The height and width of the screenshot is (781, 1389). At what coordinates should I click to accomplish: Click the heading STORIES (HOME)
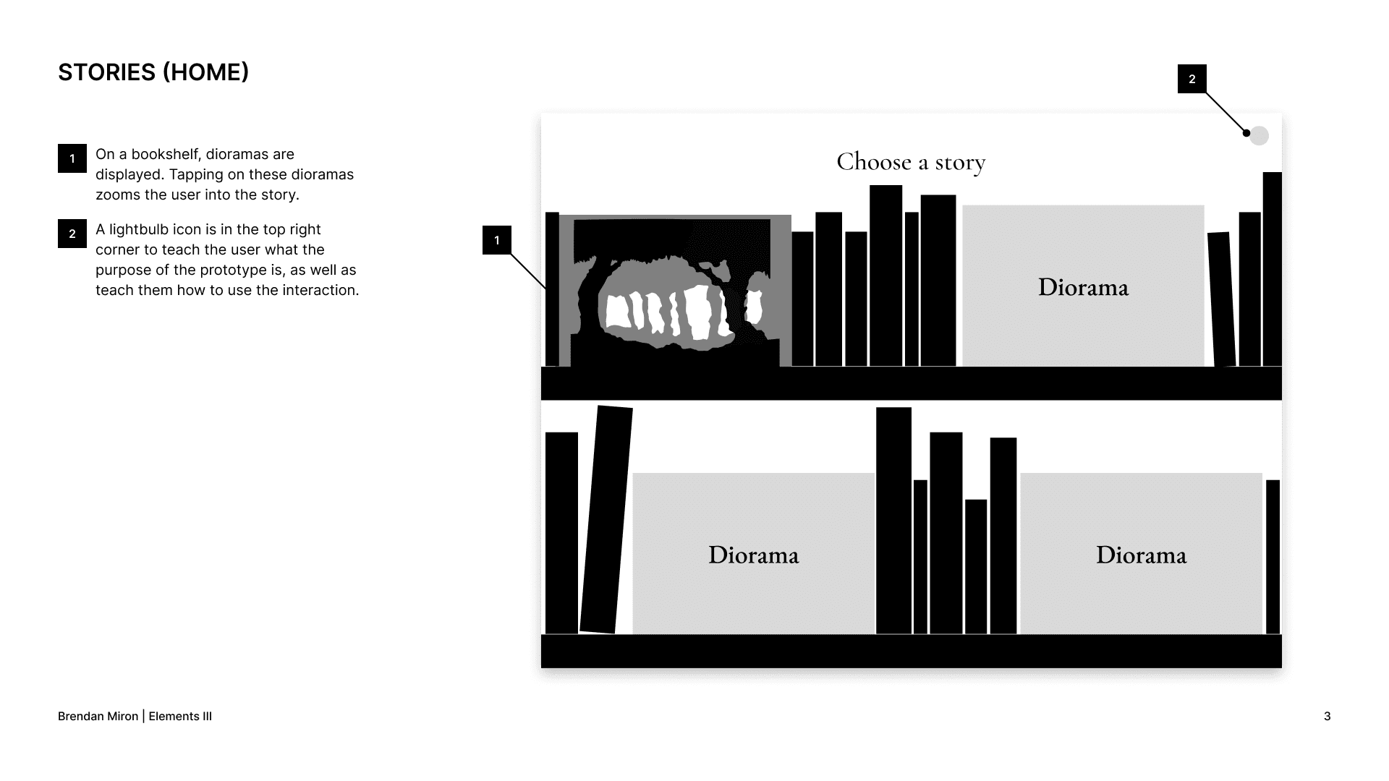tap(153, 72)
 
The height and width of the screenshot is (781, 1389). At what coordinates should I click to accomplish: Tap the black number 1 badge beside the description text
tap(72, 158)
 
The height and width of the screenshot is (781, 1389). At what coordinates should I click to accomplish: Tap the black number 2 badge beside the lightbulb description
tap(72, 234)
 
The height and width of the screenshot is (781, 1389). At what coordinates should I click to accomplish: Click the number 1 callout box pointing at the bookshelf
tap(497, 240)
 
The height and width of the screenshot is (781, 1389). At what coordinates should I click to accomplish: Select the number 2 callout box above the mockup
tap(1192, 79)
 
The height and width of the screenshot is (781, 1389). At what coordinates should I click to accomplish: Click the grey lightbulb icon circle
tap(1260, 135)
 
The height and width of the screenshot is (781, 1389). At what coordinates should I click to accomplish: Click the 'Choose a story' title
tap(911, 162)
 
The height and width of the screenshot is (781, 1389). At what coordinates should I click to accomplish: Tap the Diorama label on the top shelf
tap(1083, 287)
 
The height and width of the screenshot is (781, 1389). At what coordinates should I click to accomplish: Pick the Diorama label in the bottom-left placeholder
tap(753, 555)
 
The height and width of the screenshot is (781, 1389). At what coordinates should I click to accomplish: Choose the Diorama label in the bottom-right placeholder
tap(1141, 555)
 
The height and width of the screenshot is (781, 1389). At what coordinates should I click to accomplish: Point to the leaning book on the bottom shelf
tap(606, 519)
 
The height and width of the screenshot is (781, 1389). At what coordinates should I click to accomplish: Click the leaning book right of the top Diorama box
tap(1221, 298)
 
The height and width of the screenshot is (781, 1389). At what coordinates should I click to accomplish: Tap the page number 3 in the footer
tap(1327, 716)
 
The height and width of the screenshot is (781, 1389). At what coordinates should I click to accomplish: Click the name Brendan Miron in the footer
tap(98, 716)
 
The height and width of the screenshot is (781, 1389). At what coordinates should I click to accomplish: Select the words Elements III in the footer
tap(180, 716)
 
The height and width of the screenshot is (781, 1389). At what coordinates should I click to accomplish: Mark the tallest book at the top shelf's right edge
tap(1272, 269)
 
